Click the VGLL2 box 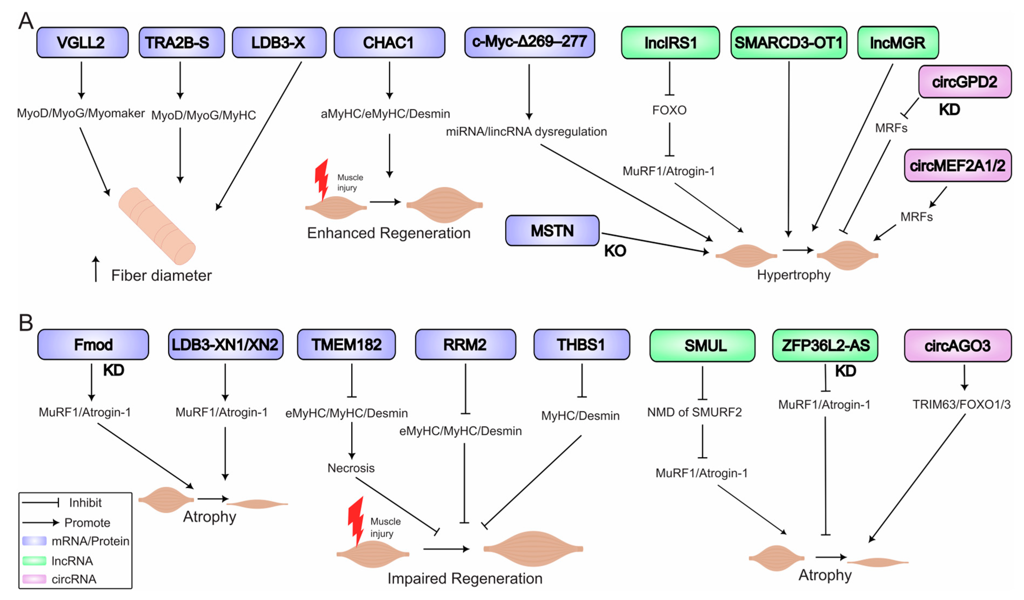82,43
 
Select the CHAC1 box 389,43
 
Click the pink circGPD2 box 964,82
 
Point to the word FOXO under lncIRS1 669,110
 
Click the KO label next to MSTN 615,251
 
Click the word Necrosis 351,468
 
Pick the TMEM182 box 346,345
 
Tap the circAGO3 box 957,345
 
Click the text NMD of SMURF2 694,412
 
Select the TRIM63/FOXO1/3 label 961,405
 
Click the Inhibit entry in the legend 85,503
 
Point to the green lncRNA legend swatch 34,561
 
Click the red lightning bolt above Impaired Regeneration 356,520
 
